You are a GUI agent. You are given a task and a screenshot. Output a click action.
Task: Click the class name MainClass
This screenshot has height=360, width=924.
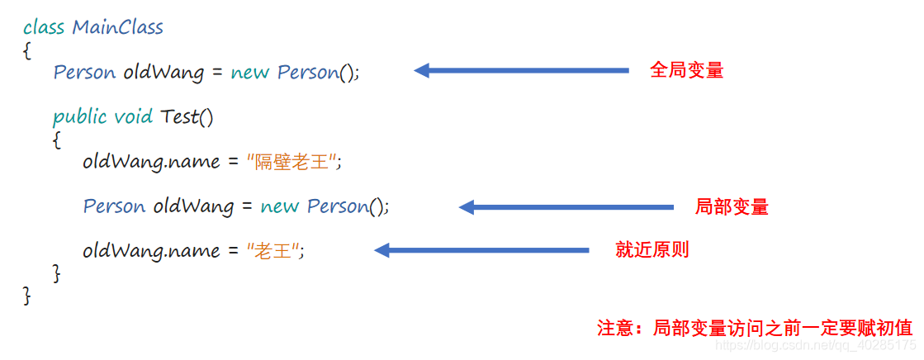point(117,27)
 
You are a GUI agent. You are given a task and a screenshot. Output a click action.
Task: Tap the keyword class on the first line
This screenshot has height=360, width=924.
point(44,27)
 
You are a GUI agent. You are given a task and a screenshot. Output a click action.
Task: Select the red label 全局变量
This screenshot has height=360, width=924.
point(686,70)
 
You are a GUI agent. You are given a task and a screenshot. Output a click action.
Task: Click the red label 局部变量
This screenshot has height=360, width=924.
point(731,206)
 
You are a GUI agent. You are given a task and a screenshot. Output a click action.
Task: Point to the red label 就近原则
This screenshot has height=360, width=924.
point(652,250)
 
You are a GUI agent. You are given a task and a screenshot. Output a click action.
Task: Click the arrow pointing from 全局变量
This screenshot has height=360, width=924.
point(521,71)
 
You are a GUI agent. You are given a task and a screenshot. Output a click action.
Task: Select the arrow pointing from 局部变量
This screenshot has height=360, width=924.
point(566,207)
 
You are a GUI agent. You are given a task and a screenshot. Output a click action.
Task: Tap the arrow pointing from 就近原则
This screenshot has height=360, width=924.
point(481,250)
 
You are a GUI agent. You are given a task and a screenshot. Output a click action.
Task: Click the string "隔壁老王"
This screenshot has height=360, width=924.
point(293,162)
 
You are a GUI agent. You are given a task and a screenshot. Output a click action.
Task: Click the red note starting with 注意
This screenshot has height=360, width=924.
point(755,327)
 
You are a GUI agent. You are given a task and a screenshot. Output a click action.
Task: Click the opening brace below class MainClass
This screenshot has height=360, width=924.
point(27,50)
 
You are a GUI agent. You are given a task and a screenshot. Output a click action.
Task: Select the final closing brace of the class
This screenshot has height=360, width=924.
point(27,295)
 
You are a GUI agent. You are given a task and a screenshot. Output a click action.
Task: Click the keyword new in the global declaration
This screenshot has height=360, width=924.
point(249,73)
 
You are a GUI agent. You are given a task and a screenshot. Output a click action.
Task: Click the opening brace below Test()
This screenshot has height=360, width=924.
point(56,140)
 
